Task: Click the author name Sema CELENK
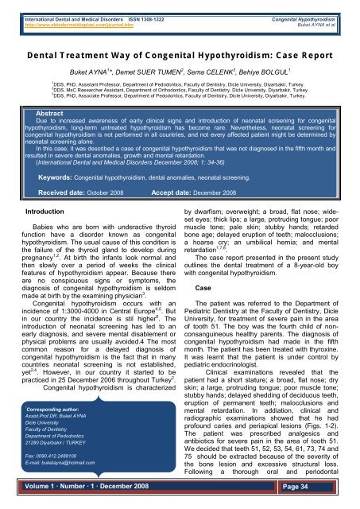point(223,72)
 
